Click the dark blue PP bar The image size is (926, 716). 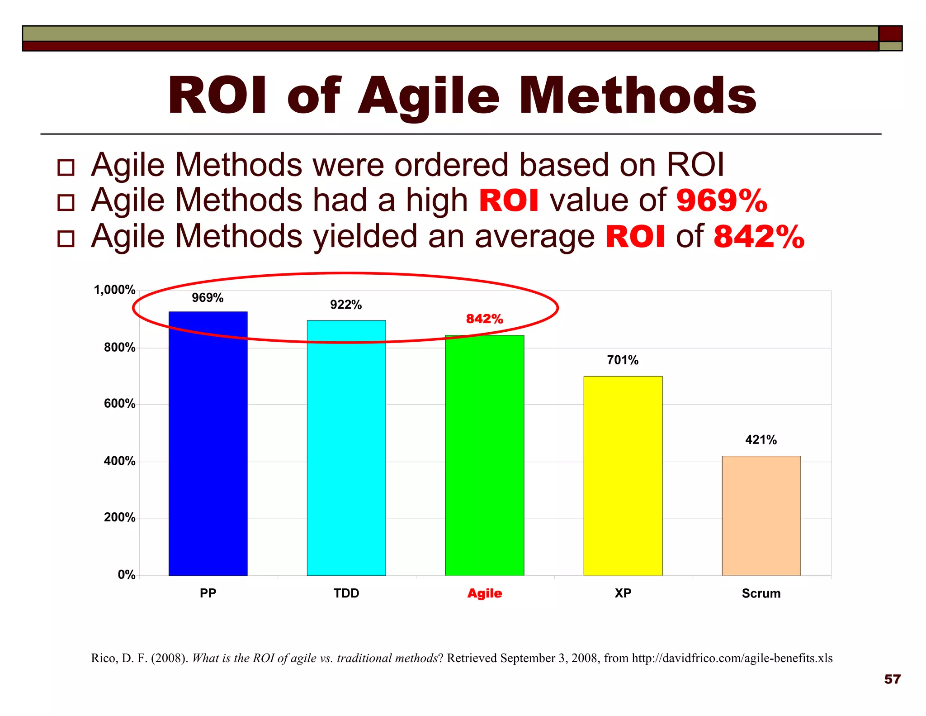pyautogui.click(x=208, y=444)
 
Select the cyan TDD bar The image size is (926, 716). pyautogui.click(x=346, y=448)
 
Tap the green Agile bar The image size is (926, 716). pyautogui.click(x=485, y=455)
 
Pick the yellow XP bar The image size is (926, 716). pyautogui.click(x=623, y=475)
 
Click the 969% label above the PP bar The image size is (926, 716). pyautogui.click(x=208, y=298)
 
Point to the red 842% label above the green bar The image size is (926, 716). pyautogui.click(x=485, y=319)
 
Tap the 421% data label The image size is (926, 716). pyautogui.click(x=761, y=440)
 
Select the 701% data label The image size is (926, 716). pyautogui.click(x=623, y=360)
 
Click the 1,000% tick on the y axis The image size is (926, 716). pyautogui.click(x=114, y=290)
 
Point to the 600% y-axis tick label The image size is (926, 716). pyautogui.click(x=119, y=404)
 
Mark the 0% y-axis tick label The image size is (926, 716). pyautogui.click(x=127, y=575)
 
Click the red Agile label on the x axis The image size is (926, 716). pyautogui.click(x=485, y=593)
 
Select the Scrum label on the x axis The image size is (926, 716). pyautogui.click(x=761, y=593)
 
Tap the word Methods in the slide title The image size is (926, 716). pyautogui.click(x=638, y=96)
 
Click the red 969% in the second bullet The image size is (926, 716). pyautogui.click(x=722, y=200)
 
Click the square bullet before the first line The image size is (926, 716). pyautogui.click(x=66, y=167)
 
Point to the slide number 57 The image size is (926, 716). pyautogui.click(x=892, y=679)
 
